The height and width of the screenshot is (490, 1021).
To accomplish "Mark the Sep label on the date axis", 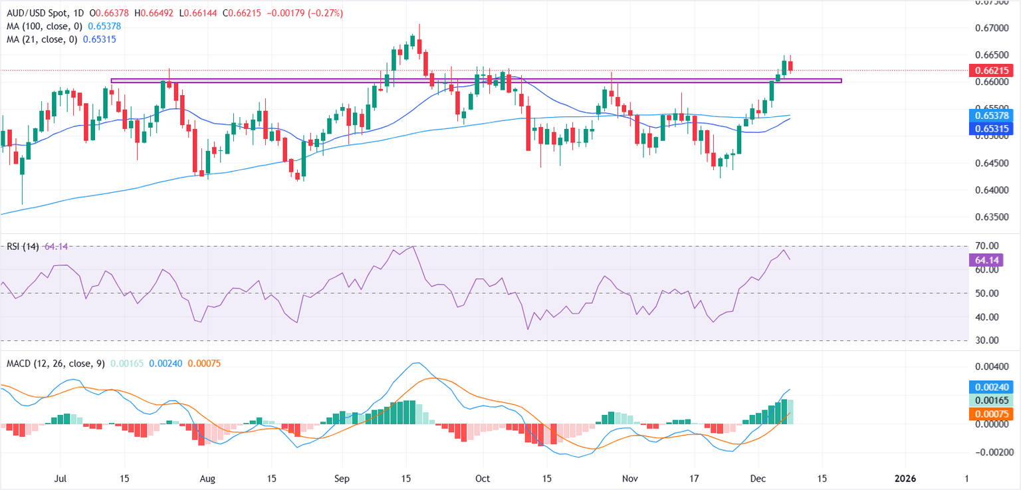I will [x=342, y=478].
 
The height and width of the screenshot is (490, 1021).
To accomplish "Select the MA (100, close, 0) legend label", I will [x=41, y=26].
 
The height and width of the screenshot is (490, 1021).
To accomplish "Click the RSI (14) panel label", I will [x=21, y=247].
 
